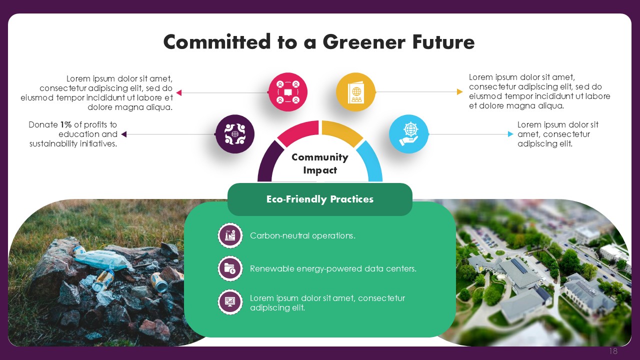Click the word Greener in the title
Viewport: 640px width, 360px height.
pos(363,41)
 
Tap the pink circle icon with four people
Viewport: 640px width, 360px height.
pos(288,92)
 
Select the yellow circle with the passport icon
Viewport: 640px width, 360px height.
pos(355,92)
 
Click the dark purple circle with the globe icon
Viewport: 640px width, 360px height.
pos(235,134)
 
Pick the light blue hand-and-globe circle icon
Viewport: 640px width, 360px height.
pos(409,134)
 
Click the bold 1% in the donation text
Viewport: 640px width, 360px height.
pos(65,124)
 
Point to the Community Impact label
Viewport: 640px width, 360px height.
pos(320,163)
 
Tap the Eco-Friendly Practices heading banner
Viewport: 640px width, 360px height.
pos(320,199)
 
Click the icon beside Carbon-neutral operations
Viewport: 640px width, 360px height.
pos(230,235)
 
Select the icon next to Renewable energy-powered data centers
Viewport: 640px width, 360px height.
pos(230,268)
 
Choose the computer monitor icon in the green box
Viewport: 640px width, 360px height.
pos(230,302)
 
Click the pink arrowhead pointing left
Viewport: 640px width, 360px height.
pos(179,92)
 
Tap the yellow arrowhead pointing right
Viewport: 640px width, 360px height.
pos(459,91)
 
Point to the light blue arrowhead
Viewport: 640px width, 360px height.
pos(510,134)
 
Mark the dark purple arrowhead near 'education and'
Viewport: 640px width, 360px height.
pos(123,134)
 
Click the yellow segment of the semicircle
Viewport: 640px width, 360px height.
pos(341,131)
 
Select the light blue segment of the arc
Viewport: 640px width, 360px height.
pos(371,159)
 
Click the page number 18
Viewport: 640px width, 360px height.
pos(613,351)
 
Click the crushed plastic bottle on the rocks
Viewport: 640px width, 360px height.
pos(102,259)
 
